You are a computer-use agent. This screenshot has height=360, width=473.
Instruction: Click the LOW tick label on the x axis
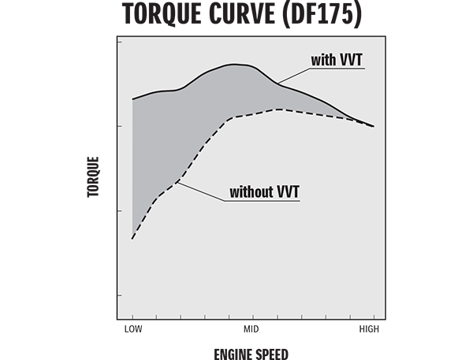pos(132,328)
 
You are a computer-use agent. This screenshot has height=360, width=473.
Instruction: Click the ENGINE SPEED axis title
pos(251,354)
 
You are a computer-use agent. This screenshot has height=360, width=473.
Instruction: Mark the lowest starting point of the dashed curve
pos(132,238)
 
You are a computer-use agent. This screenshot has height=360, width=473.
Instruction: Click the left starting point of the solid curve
pos(132,99)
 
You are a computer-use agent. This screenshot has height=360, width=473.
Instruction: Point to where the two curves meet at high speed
pos(372,126)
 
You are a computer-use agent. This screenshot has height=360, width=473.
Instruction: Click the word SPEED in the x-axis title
pos(272,354)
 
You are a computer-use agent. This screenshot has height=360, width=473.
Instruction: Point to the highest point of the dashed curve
pos(277,109)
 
